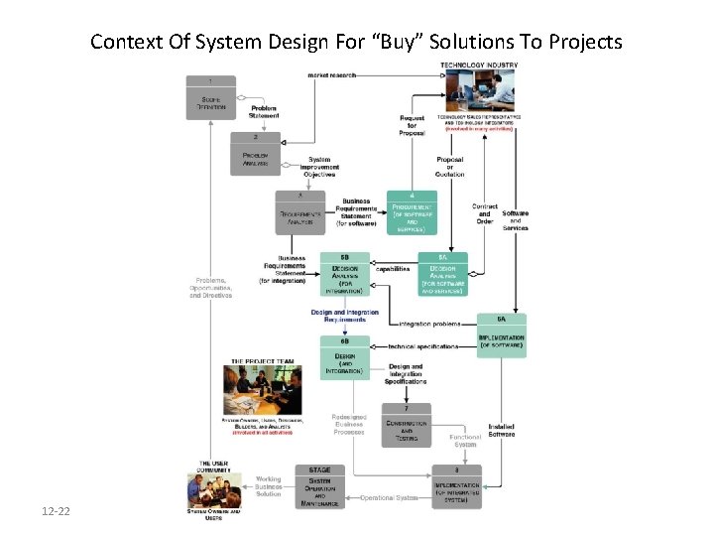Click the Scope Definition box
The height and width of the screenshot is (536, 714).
[x=209, y=97]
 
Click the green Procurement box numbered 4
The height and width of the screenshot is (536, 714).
[x=411, y=213]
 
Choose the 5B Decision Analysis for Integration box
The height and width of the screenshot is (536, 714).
[x=346, y=274]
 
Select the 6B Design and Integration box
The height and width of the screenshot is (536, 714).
[x=346, y=358]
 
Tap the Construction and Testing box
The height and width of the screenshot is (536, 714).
[x=407, y=425]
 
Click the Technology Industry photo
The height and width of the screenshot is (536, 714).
[x=479, y=94]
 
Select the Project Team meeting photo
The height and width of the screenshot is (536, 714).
[x=264, y=390]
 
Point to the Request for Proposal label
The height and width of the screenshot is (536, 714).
[x=414, y=125]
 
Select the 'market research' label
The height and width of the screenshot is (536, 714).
[x=331, y=73]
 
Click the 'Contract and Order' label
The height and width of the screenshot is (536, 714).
[x=485, y=213]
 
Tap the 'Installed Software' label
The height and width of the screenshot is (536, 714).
[x=502, y=429]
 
